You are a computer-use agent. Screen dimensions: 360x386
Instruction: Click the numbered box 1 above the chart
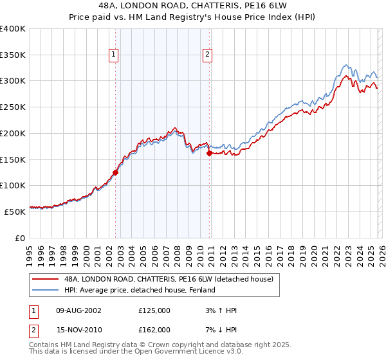[113, 55]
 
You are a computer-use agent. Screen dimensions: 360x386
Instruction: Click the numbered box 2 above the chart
[208, 55]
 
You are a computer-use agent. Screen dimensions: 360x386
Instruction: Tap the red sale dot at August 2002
[115, 172]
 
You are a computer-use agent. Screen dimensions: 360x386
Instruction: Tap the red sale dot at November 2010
[210, 153]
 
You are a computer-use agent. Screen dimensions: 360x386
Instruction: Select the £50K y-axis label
[15, 212]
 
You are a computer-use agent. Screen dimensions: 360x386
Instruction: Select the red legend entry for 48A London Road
[169, 279]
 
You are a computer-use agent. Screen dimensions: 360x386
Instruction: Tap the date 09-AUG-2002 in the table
[78, 310]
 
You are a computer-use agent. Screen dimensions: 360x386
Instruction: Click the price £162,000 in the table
[154, 329]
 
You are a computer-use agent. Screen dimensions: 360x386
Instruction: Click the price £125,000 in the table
[154, 310]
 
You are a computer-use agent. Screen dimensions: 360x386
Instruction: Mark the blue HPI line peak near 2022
[346, 64]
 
